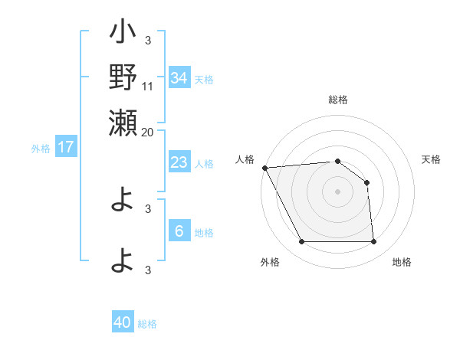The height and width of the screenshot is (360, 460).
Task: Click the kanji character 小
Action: pyautogui.click(x=123, y=34)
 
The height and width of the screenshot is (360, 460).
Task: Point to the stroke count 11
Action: pyautogui.click(x=148, y=86)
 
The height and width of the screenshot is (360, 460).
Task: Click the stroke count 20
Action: pyautogui.click(x=148, y=131)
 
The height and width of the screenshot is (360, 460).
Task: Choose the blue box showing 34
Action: pyautogui.click(x=179, y=78)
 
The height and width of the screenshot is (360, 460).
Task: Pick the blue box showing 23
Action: pyautogui.click(x=179, y=162)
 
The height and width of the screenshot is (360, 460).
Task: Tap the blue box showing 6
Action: pyautogui.click(x=179, y=231)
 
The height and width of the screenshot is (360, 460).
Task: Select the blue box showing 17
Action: pyautogui.click(x=65, y=147)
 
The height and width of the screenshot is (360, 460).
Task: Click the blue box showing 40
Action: pyautogui.click(x=123, y=322)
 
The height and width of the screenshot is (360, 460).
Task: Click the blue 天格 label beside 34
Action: pyautogui.click(x=204, y=80)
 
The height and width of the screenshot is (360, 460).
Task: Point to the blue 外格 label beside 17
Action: pyautogui.click(x=41, y=149)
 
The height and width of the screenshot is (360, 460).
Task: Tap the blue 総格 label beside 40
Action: pyautogui.click(x=147, y=324)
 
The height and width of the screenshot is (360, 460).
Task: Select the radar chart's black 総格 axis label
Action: pyautogui.click(x=338, y=100)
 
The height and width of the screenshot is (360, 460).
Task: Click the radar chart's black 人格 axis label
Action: pyautogui.click(x=245, y=159)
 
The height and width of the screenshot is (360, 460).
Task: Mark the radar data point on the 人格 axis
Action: pyautogui.click(x=264, y=168)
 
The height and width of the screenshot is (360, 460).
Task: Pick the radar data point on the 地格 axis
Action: pyautogui.click(x=373, y=242)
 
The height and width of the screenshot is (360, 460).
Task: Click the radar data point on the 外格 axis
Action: pyautogui.click(x=301, y=242)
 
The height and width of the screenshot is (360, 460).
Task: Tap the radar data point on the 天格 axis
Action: pyautogui.click(x=367, y=182)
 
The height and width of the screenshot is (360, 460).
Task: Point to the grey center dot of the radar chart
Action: pyautogui.click(x=338, y=191)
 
